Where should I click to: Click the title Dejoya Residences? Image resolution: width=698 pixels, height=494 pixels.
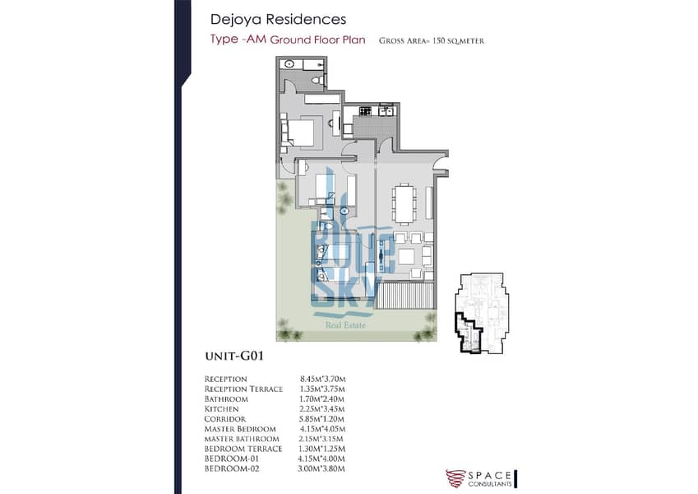(278, 19)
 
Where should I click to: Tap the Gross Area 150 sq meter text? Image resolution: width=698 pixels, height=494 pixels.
(432, 41)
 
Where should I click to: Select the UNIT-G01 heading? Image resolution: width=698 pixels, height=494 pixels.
(234, 357)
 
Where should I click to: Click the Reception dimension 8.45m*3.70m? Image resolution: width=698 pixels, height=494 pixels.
(323, 380)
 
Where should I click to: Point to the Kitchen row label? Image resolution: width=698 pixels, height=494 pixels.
(221, 409)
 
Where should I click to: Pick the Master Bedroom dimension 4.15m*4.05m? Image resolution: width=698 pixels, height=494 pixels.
(323, 429)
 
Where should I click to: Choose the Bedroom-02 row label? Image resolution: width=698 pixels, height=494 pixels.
(232, 468)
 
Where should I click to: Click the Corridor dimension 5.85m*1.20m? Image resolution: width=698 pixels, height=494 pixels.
(321, 419)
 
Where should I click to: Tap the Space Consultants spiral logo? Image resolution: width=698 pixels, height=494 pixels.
(455, 478)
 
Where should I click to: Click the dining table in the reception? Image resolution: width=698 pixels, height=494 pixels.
(404, 203)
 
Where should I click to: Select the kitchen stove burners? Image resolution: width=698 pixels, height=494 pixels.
(365, 110)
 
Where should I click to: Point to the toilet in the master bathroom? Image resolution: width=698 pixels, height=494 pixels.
(317, 80)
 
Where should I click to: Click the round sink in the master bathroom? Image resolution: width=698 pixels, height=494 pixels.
(289, 64)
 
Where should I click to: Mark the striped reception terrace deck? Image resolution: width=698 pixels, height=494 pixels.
(404, 295)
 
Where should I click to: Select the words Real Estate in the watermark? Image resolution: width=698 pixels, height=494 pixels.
(345, 325)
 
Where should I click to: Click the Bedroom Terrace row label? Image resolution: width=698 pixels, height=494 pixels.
(243, 449)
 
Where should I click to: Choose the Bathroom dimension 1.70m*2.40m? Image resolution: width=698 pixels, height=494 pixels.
(321, 399)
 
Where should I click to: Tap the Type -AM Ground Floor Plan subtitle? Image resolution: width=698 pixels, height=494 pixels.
(288, 40)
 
